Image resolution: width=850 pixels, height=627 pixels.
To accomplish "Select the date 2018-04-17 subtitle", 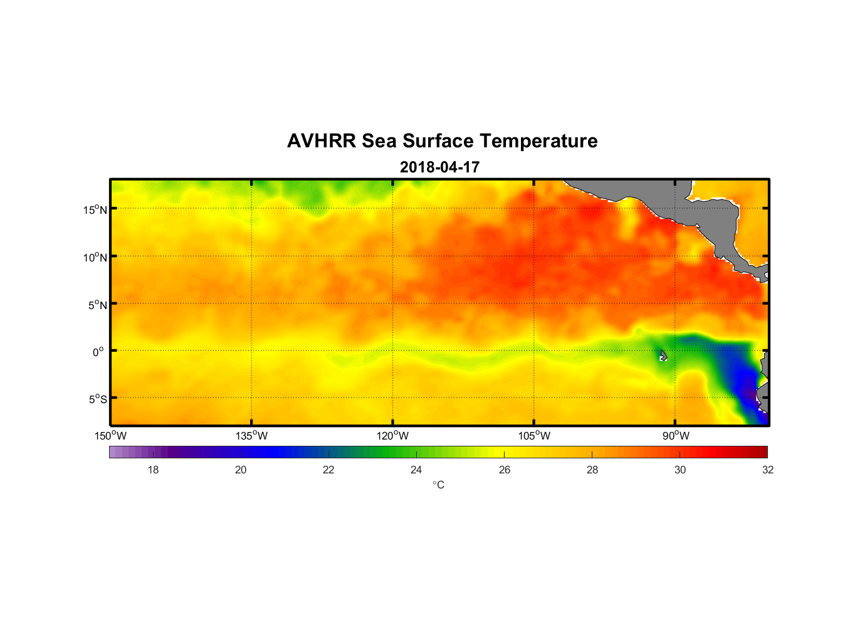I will click(x=439, y=167).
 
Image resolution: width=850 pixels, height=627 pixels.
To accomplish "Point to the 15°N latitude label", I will click(x=95, y=209).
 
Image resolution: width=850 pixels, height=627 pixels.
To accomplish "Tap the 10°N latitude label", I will click(x=95, y=257).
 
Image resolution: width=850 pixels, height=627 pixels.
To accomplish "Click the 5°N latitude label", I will click(x=98, y=305).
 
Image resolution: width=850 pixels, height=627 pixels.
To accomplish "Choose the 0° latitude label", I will click(x=98, y=352).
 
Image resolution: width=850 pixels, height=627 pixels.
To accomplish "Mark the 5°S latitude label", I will click(x=98, y=399).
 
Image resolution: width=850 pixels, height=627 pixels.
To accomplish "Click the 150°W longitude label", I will click(x=110, y=436).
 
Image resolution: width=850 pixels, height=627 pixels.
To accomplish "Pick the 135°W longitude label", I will click(x=251, y=436).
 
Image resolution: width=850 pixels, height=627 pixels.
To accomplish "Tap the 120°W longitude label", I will click(x=392, y=436).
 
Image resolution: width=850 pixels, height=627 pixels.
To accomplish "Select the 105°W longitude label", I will click(x=534, y=436).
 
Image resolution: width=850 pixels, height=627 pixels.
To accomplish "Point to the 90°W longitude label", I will click(x=676, y=436).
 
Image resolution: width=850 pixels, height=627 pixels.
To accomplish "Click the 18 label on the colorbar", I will click(x=153, y=470).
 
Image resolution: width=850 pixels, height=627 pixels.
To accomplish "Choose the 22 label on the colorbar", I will click(x=328, y=470).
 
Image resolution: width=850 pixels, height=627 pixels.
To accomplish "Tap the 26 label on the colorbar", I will click(x=505, y=470).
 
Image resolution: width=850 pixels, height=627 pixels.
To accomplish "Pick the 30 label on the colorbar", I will click(x=680, y=470).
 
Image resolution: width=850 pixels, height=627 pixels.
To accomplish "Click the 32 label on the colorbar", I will click(x=768, y=470).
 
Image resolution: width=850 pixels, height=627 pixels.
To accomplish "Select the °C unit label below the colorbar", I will click(x=438, y=485).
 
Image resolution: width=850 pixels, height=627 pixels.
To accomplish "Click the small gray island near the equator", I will click(x=663, y=356).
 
